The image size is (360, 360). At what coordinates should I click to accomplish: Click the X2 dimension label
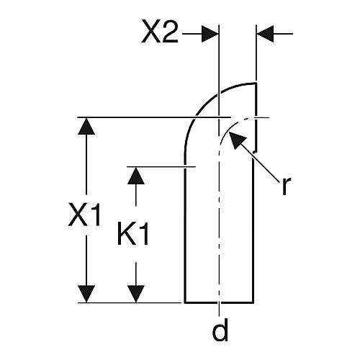(x=160, y=32)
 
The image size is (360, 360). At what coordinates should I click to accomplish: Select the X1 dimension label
(x=84, y=215)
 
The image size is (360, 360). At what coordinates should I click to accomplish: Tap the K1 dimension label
(x=133, y=233)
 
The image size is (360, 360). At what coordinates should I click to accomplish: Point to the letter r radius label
(x=286, y=186)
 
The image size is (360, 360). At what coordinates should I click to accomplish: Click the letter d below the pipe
(x=220, y=330)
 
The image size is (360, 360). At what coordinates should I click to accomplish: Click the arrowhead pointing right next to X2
(x=210, y=34)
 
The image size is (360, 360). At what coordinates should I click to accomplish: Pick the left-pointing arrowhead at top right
(x=265, y=34)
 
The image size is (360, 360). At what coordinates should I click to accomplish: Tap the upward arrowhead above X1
(x=86, y=126)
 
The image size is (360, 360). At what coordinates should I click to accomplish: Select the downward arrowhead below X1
(x=86, y=294)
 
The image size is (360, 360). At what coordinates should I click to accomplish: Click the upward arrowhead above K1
(x=136, y=176)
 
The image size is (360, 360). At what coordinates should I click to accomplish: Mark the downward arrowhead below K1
(x=136, y=294)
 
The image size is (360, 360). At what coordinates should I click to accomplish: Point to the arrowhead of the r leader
(x=236, y=140)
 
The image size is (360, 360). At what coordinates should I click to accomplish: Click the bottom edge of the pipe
(x=219, y=303)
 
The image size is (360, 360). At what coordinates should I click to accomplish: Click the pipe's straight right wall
(x=253, y=230)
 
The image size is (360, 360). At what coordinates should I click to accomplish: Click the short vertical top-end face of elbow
(x=256, y=117)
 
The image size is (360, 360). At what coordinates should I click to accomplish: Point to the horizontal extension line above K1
(x=161, y=166)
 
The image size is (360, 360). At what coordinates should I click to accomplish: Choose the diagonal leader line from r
(x=260, y=162)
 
